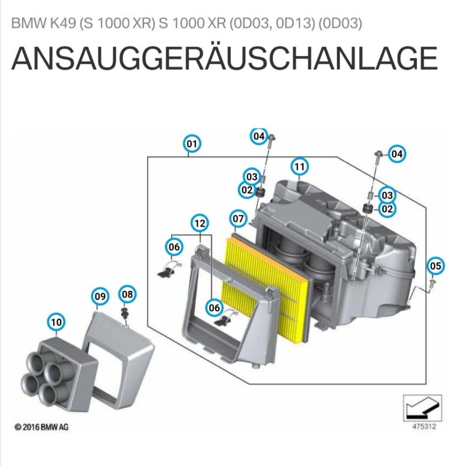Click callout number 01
pos(192,144)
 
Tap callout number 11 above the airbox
pos(299,167)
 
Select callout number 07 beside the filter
pos(238,219)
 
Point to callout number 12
pos(200,223)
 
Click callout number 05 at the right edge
pos(435,266)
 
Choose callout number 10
pos(57,322)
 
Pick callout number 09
pos(100,296)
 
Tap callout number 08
pos(127,294)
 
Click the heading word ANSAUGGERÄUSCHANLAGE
pos(224,58)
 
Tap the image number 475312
pos(424,426)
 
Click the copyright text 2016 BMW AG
pos(45,427)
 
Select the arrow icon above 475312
pos(423,408)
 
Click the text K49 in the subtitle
pos(63,23)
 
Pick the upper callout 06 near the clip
pos(174,247)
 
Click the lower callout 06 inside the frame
pos(214,308)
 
